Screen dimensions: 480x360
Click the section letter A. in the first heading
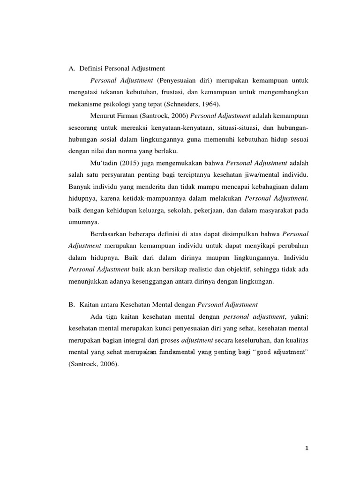(x=72, y=68)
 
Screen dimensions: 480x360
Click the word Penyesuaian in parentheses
(x=179, y=80)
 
